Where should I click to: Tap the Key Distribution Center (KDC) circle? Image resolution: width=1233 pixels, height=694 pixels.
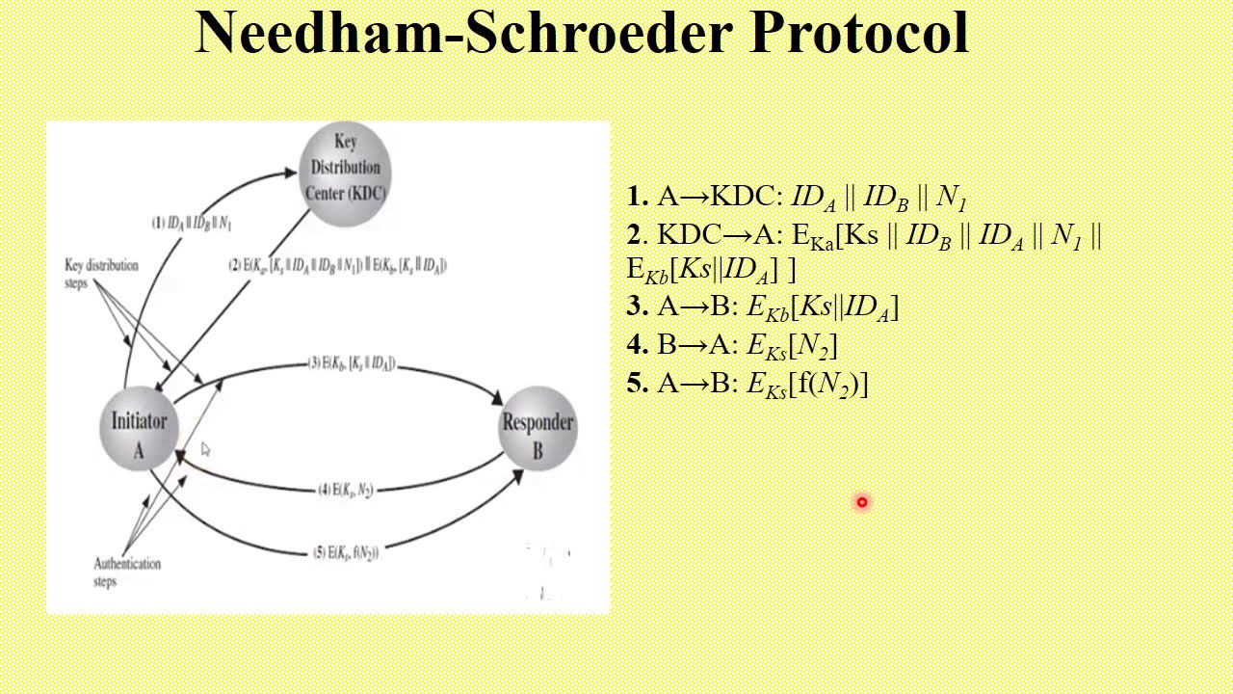click(x=345, y=168)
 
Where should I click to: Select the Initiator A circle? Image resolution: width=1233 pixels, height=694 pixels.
click(x=139, y=432)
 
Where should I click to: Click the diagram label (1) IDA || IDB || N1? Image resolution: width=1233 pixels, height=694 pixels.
click(x=192, y=224)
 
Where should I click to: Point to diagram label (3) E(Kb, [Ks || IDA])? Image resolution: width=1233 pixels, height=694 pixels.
click(x=352, y=363)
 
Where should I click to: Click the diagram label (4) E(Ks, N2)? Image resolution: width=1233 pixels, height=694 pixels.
click(x=346, y=490)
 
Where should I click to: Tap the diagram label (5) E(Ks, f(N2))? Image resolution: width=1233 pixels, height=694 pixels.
click(x=346, y=552)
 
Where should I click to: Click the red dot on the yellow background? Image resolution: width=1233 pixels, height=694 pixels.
click(x=862, y=502)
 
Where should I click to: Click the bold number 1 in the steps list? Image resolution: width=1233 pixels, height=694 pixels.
click(x=637, y=198)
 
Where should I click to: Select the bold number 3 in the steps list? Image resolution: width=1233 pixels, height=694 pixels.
click(x=637, y=307)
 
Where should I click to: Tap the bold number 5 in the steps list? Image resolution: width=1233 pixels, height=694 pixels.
click(x=637, y=384)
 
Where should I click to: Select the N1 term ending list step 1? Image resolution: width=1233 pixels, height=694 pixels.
click(x=951, y=199)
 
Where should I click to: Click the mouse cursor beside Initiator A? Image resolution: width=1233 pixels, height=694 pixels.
click(x=205, y=449)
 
